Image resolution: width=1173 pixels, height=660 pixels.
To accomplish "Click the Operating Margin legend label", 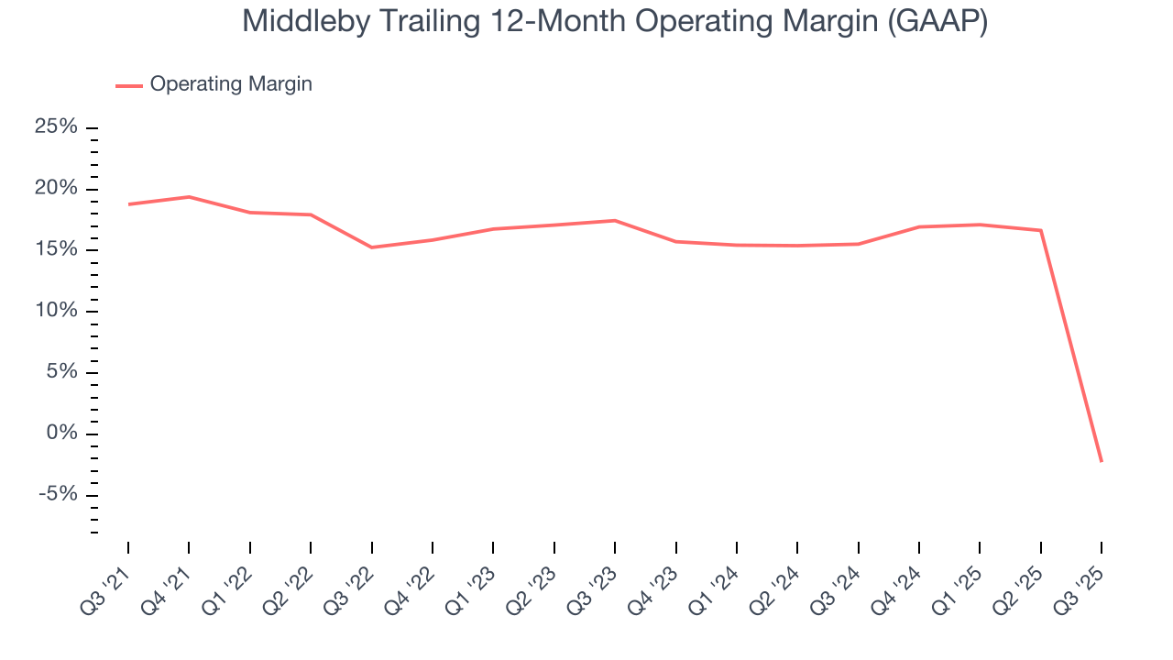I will click(x=231, y=84).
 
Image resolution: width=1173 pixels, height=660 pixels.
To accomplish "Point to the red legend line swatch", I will click(x=128, y=85).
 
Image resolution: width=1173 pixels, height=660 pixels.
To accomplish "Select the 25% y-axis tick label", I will click(x=56, y=126).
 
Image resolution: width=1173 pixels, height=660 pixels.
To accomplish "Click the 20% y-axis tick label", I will click(x=56, y=188).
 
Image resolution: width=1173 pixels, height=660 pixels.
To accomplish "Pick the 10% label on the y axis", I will click(x=56, y=311).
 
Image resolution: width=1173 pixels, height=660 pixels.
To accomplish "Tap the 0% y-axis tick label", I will click(x=61, y=434).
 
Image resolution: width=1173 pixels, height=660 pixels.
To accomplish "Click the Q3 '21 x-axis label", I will click(x=108, y=582).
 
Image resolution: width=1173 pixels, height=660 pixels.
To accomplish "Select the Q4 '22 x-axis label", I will click(x=412, y=582).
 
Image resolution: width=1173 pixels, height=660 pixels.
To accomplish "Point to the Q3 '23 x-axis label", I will click(x=595, y=582).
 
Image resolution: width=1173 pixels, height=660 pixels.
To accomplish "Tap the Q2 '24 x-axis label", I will click(x=777, y=582).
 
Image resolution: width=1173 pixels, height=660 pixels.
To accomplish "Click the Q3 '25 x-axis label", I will click(x=1081, y=582).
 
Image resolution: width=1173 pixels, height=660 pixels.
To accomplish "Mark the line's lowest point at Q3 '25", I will click(x=1102, y=461).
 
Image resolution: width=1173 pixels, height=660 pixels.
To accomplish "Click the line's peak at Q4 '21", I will click(x=189, y=197).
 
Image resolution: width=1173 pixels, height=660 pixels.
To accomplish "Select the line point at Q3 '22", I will click(x=371, y=247).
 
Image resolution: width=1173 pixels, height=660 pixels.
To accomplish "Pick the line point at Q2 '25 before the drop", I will click(x=1041, y=230).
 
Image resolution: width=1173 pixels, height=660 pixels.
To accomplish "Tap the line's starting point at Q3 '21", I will click(x=128, y=204).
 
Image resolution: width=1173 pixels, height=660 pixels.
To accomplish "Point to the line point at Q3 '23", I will click(x=615, y=220).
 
